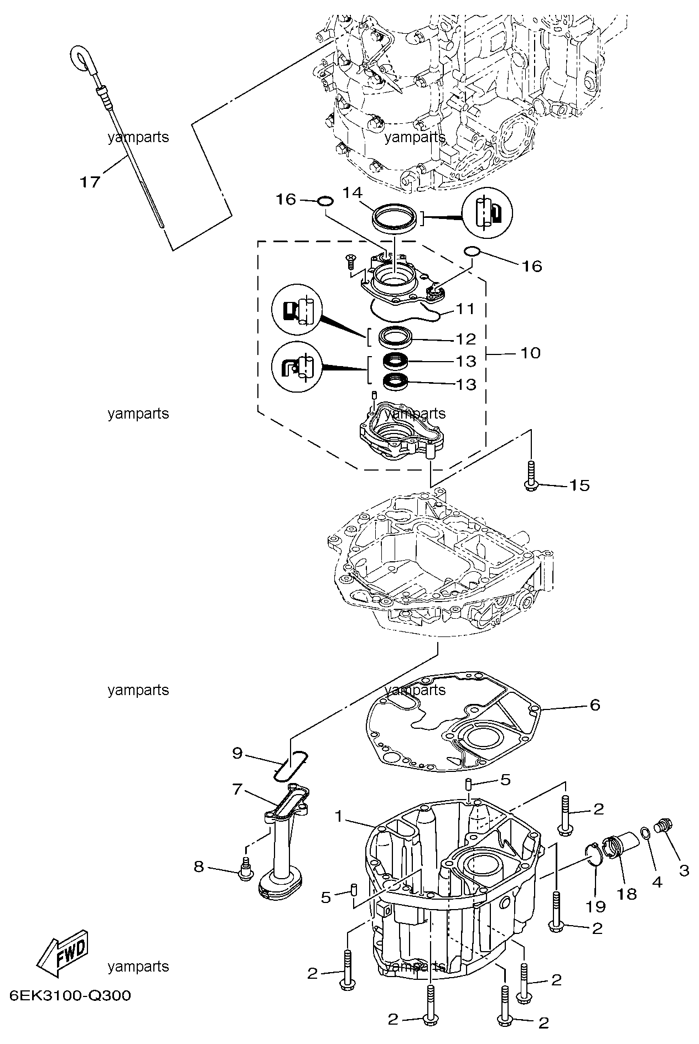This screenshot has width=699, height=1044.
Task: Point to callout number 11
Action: coord(465,309)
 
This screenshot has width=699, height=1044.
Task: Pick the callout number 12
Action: coord(465,338)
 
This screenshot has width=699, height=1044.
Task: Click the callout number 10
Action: coord(530,352)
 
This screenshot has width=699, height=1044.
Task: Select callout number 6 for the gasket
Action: coord(594,704)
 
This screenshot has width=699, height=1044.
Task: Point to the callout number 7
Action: coord(237,789)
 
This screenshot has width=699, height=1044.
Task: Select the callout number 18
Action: coord(628,894)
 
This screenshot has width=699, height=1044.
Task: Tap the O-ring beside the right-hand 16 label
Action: coord(471,252)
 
